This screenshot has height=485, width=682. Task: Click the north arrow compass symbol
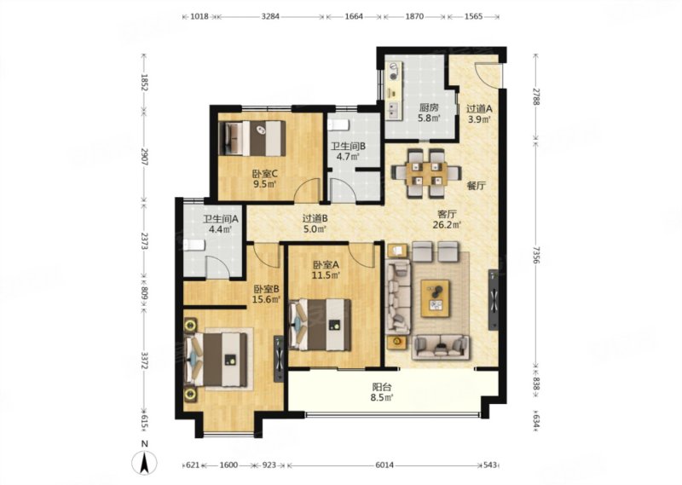click(x=145, y=462)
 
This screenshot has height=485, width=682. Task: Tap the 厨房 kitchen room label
click(x=429, y=107)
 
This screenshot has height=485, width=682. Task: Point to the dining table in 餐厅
click(x=427, y=173)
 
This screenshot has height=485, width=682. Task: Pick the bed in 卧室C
click(x=252, y=138)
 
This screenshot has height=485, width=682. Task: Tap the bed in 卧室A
click(x=321, y=325)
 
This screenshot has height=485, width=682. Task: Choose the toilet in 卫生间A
click(x=194, y=245)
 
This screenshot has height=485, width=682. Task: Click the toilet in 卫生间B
click(x=338, y=125)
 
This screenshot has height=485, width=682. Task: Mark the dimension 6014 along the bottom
click(x=384, y=465)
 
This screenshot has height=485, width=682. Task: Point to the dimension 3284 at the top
click(x=270, y=16)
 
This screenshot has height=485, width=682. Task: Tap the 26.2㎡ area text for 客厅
click(x=447, y=225)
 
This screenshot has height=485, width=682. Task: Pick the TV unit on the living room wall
click(x=494, y=300)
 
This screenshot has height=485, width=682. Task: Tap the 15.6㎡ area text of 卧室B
click(x=266, y=299)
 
